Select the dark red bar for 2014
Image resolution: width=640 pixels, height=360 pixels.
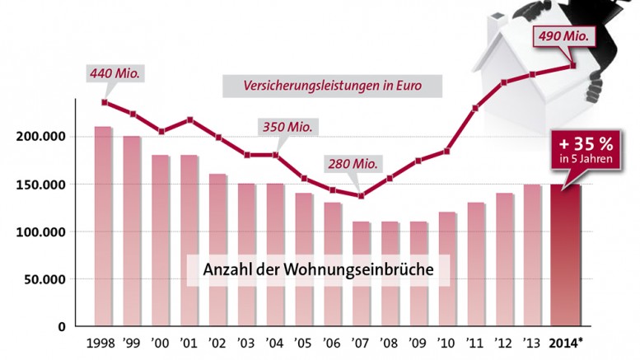click(565, 255)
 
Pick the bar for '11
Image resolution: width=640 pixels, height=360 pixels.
click(475, 264)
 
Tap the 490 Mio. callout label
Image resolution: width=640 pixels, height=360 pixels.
click(563, 36)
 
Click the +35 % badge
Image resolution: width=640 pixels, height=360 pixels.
click(582, 149)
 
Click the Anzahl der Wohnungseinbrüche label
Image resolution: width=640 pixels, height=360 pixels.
click(319, 270)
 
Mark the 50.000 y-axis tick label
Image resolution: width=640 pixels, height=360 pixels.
click(44, 280)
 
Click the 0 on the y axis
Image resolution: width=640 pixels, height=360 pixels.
click(61, 327)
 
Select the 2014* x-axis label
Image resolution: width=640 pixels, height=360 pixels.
click(568, 343)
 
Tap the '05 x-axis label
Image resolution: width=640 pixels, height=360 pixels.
click(304, 343)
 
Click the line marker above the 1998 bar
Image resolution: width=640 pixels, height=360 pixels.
click(104, 102)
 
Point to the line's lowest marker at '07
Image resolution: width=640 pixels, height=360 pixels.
click(361, 195)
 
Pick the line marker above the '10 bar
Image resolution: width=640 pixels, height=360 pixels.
click(446, 152)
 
